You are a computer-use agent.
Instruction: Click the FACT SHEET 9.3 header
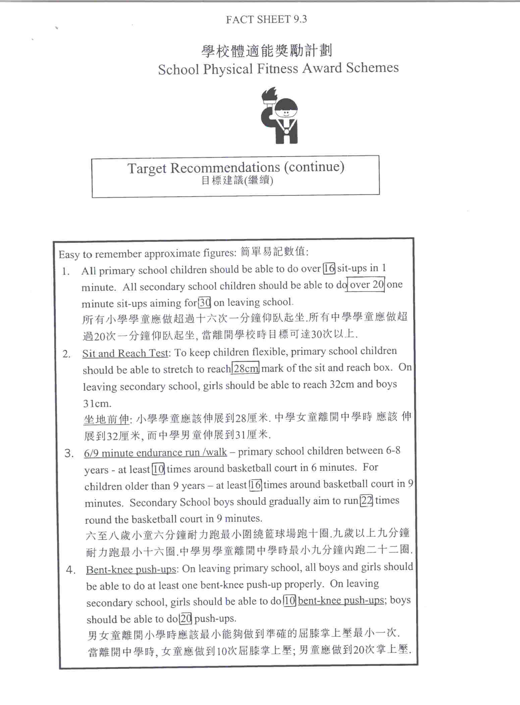click(x=266, y=19)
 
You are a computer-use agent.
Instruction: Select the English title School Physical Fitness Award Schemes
click(x=278, y=69)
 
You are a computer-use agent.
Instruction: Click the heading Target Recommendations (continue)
click(x=236, y=167)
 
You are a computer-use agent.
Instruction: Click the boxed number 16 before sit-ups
click(x=329, y=268)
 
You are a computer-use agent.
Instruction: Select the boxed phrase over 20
click(x=366, y=285)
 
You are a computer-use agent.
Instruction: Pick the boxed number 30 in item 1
click(x=205, y=303)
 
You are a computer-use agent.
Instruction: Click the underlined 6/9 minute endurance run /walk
click(x=155, y=453)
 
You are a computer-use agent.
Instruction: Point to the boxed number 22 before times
click(x=366, y=501)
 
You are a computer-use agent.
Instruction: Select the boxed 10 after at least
click(x=158, y=469)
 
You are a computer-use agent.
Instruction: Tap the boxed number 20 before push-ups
click(x=186, y=618)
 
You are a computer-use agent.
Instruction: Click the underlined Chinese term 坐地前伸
click(x=106, y=419)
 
